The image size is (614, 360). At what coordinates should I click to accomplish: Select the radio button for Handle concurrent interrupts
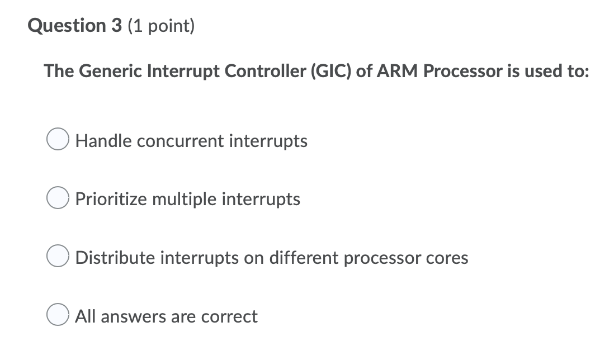coord(58,141)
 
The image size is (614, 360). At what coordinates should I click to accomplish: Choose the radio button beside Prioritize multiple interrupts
coord(58,199)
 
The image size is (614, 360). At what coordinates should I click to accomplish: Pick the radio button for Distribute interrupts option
coord(58,258)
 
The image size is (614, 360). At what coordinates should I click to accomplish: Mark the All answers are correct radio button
coord(58,316)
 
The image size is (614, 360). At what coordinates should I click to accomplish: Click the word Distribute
coord(116,258)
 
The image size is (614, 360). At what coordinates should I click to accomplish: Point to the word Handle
coord(104,141)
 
